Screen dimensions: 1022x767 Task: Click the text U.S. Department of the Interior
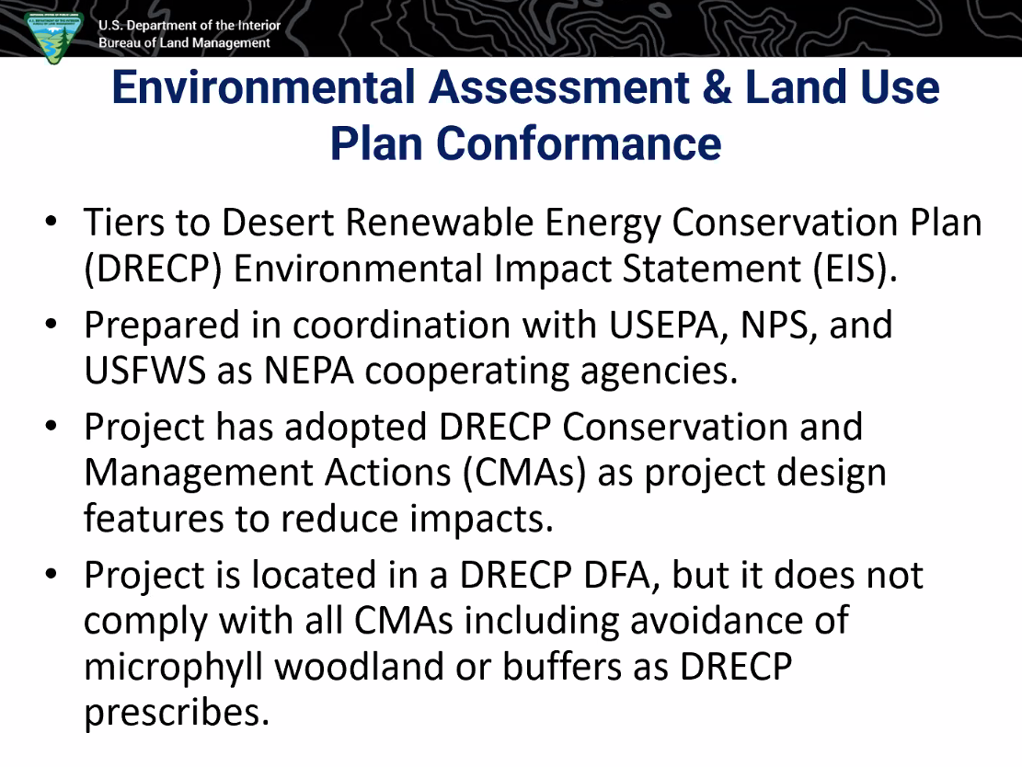coord(189,25)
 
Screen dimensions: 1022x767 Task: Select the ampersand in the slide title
coord(717,87)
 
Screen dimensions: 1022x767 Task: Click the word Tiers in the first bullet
coord(124,222)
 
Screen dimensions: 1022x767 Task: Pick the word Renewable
coord(440,222)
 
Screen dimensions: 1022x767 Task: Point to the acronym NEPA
coord(309,371)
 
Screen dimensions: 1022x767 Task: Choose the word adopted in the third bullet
coord(355,428)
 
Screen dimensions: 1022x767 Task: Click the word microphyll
coord(173,668)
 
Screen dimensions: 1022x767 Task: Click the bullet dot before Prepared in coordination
coord(52,324)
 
